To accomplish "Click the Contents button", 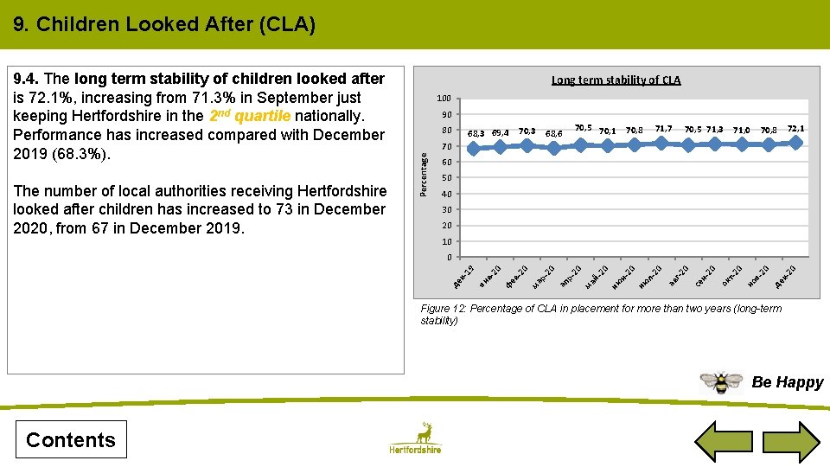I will (71, 439).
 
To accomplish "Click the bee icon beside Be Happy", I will (721, 381).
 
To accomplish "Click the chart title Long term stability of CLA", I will (616, 80).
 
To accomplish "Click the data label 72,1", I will (795, 128).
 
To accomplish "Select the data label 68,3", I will (476, 133).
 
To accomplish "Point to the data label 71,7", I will (663, 128).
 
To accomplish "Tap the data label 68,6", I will (554, 134).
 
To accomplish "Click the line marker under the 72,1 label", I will (795, 143).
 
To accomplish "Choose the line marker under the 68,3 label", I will (474, 149).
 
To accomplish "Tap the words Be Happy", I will (787, 382).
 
